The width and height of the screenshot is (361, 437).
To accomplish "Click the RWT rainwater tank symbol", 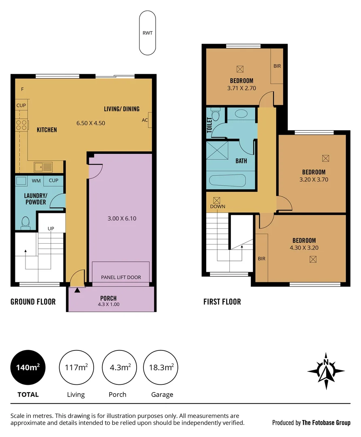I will click(147, 33).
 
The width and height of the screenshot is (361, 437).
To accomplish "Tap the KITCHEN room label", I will click(47, 130).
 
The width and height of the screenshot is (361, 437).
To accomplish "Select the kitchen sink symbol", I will click(43, 166).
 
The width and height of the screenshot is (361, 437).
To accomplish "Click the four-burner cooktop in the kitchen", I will click(21, 125).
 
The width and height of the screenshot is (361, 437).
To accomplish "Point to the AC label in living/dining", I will click(145, 120).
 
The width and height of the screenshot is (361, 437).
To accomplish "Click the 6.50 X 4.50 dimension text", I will click(91, 123).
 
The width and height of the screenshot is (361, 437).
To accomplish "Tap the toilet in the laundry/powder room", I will click(26, 223).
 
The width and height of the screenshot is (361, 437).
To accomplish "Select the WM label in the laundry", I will click(36, 181).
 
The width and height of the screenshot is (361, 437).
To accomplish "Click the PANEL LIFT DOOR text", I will click(121, 277).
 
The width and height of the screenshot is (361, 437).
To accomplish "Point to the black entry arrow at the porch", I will click(77, 289).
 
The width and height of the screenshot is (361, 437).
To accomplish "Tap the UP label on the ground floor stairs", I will click(51, 228).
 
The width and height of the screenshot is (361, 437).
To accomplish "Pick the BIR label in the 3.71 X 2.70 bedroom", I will click(277, 66).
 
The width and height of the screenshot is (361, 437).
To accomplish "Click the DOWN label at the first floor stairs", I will click(218, 206).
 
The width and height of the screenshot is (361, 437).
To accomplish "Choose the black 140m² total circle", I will click(28, 367).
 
